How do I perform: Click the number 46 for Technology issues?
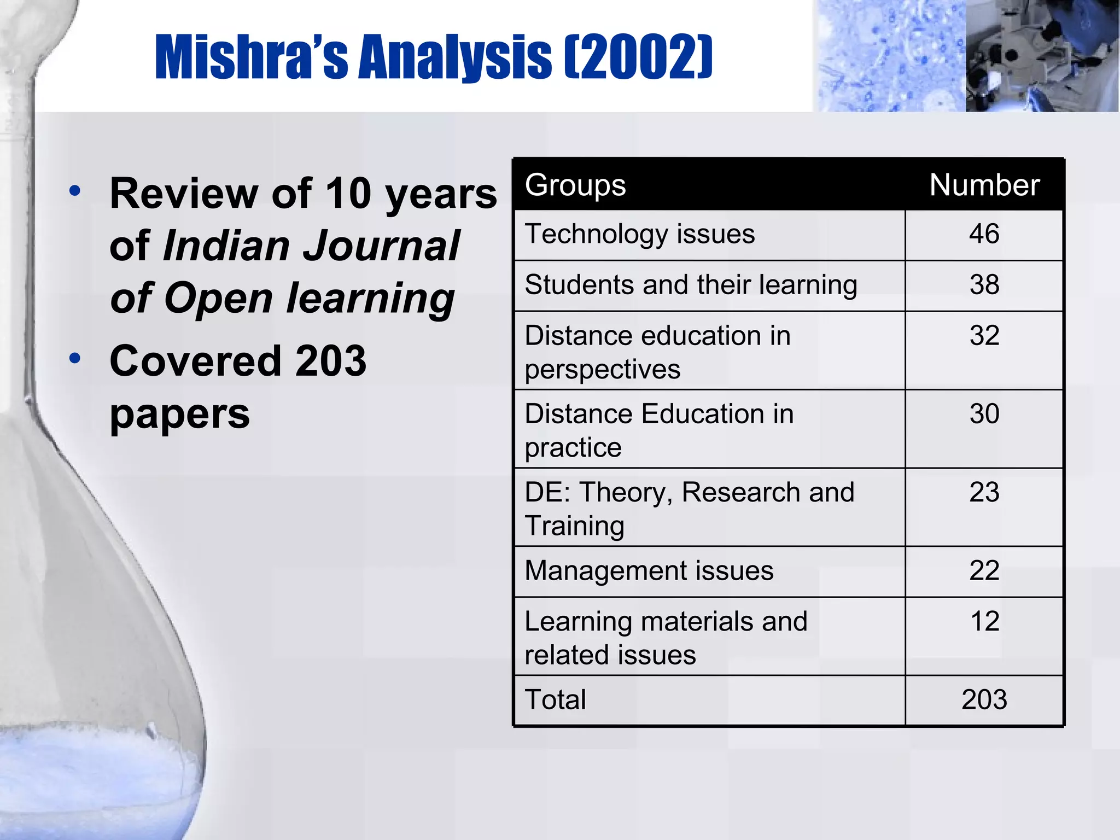[x=984, y=234]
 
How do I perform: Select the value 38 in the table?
[x=984, y=285]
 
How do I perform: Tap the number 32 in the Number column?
[x=984, y=335]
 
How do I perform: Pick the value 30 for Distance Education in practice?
[x=984, y=413]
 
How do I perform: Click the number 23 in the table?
[x=984, y=492]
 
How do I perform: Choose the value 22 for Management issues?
[x=984, y=570]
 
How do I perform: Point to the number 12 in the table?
[x=985, y=621]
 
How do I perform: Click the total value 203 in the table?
[x=984, y=699]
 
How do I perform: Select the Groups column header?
[x=575, y=185]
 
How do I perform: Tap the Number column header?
[x=984, y=185]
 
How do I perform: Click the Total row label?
[x=555, y=699]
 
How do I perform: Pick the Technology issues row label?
[x=639, y=234]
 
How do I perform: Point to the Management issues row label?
[x=649, y=570]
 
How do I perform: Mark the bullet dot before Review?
[x=75, y=191]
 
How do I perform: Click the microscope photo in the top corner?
[x=1041, y=56]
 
